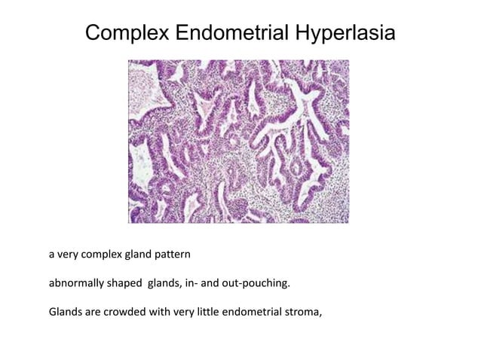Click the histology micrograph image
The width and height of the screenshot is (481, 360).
pyautogui.click(x=239, y=141)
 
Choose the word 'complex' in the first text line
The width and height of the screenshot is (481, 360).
pyautogui.click(x=99, y=255)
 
